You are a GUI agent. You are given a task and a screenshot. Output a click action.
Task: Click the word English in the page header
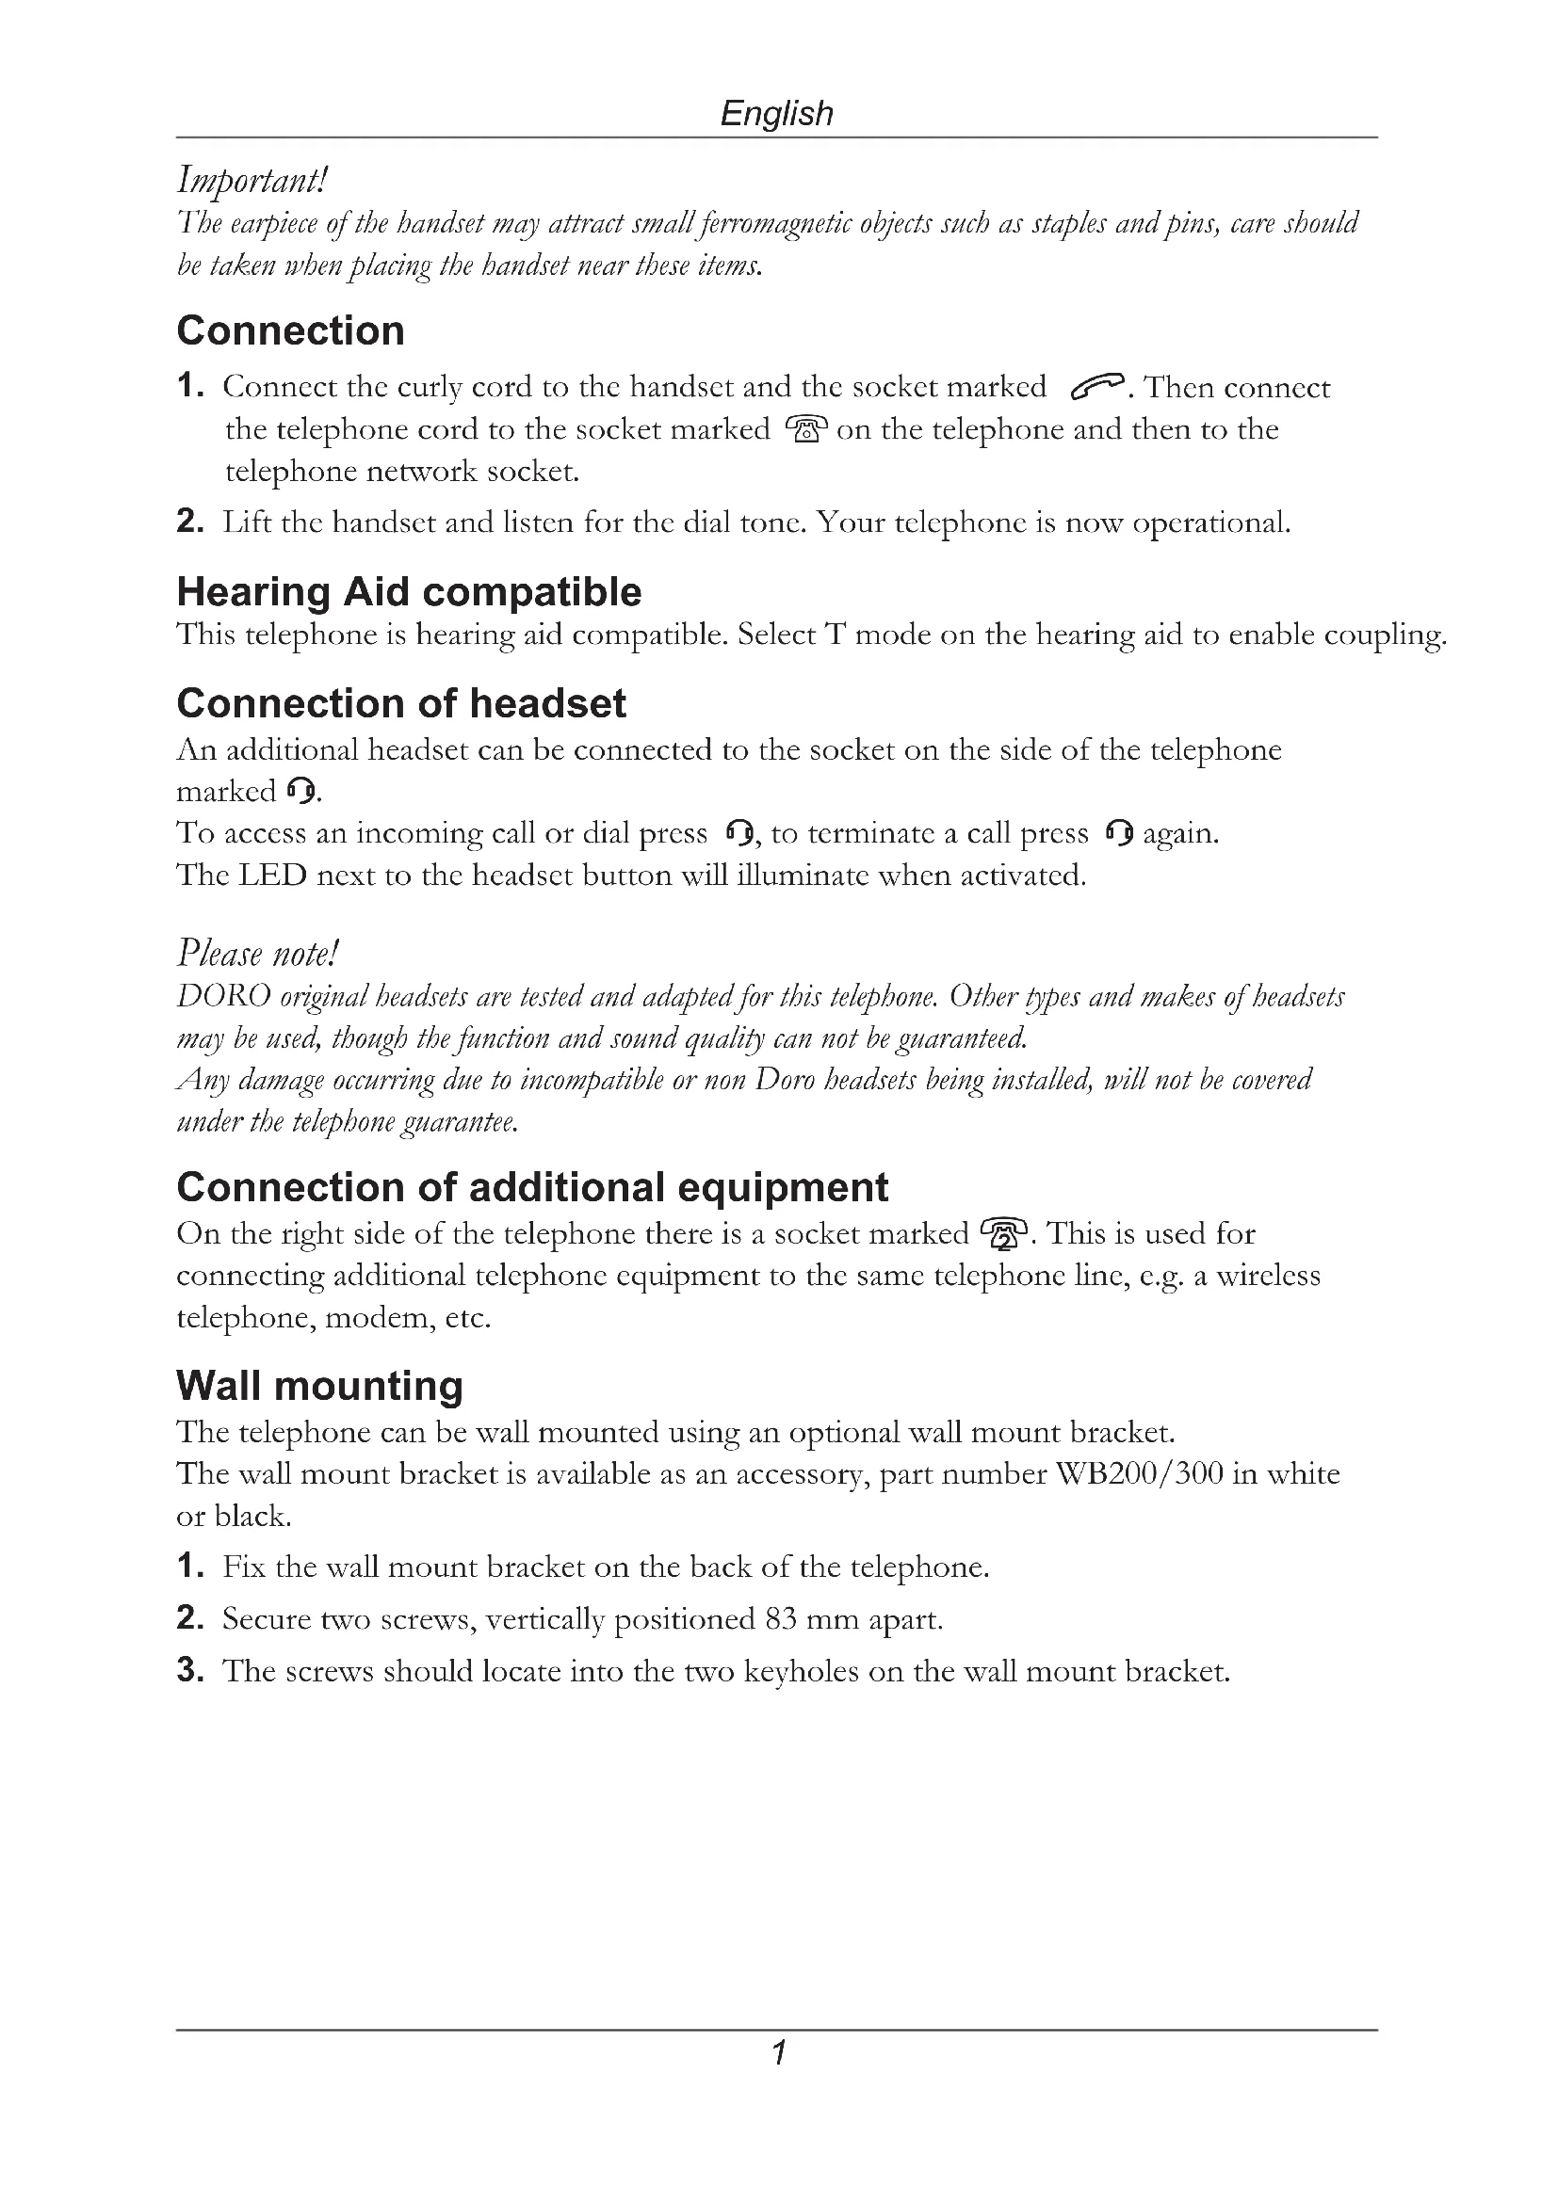776,113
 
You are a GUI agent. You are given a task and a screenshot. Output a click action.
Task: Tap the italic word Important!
252,180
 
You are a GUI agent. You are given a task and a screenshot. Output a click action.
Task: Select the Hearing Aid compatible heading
409,592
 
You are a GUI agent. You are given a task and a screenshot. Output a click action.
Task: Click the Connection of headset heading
401,703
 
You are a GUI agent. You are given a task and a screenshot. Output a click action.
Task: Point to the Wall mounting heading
319,1386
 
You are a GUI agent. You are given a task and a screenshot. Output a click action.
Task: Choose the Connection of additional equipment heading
532,1187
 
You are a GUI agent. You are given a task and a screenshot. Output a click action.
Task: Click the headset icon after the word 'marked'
300,791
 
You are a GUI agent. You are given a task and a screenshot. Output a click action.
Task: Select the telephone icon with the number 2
1003,1233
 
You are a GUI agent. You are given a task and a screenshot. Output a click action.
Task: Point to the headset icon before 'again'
1119,833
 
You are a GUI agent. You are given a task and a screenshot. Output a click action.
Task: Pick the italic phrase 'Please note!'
258,954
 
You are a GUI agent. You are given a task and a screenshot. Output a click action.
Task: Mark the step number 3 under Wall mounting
189,1671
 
